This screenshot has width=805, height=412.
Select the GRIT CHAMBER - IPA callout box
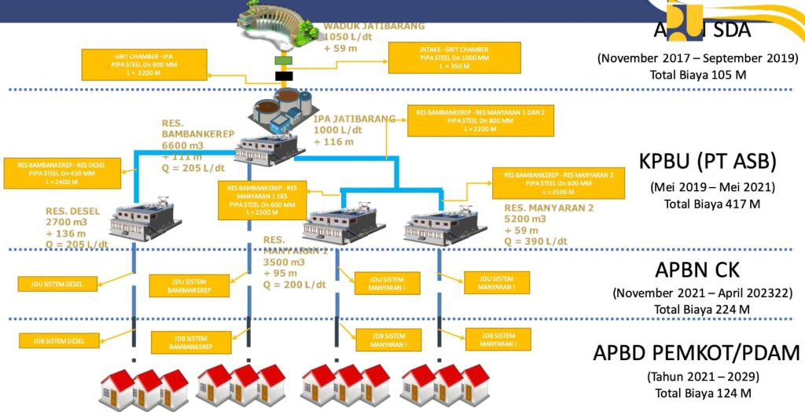point(144,64)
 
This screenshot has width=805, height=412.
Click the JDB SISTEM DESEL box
point(61,340)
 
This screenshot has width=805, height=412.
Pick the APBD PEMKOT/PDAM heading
point(697,352)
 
